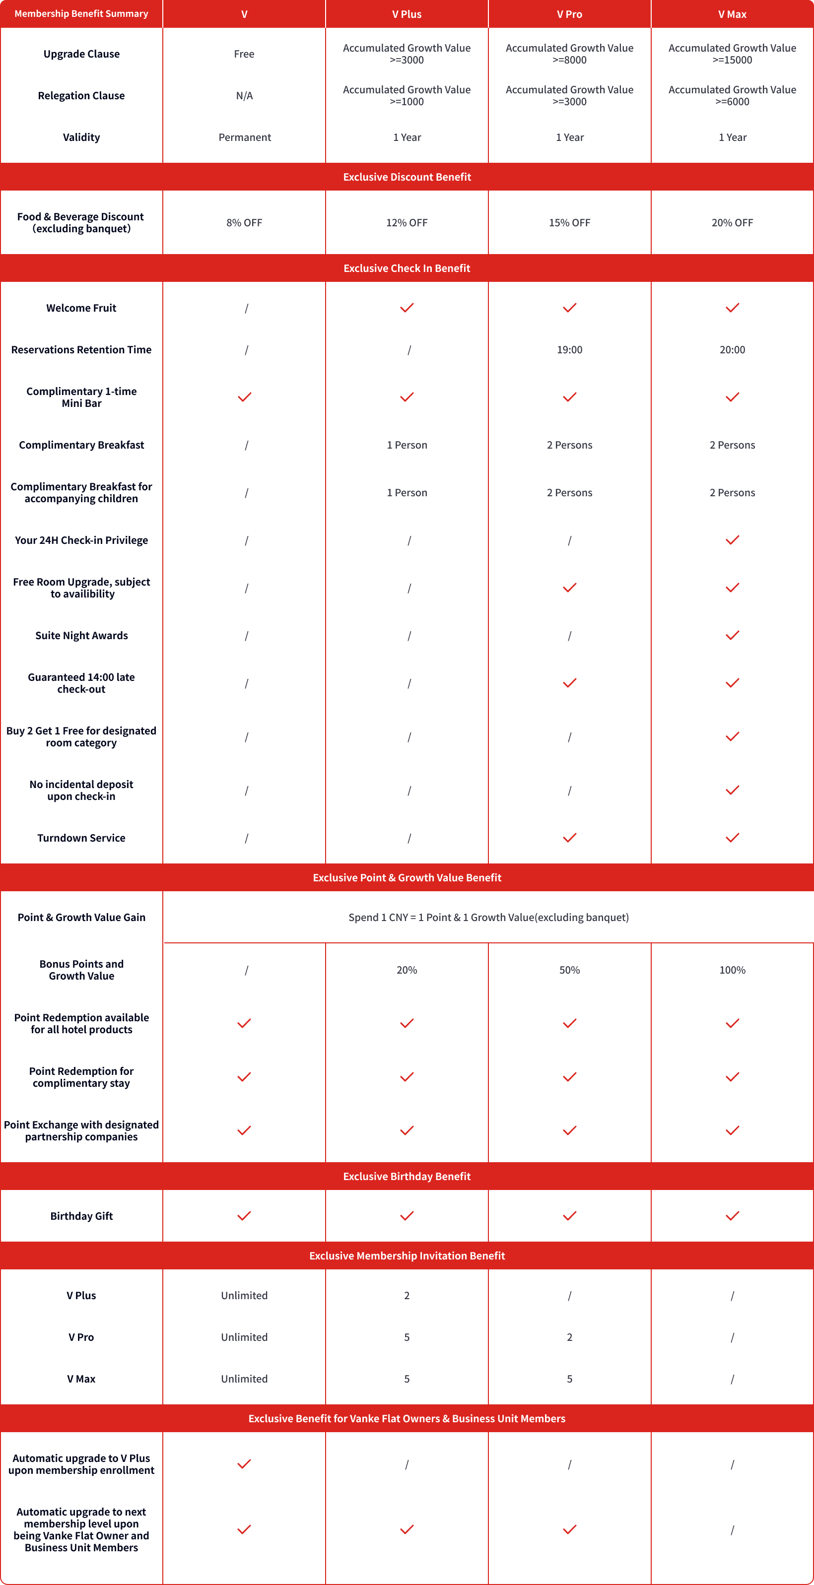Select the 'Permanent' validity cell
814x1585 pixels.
tap(244, 137)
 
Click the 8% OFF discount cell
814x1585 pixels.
tap(244, 223)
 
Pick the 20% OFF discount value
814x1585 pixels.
tap(732, 223)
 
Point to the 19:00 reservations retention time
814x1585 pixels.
tap(569, 349)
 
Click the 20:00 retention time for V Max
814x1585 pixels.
tap(732, 349)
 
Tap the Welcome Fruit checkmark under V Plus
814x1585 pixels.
tap(407, 308)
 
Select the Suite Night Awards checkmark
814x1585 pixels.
tap(732, 635)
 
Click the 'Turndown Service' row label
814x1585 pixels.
tap(81, 838)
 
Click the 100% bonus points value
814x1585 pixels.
tap(732, 970)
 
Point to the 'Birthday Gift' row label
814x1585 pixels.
tap(81, 1216)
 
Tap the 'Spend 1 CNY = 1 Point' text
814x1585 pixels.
tap(488, 918)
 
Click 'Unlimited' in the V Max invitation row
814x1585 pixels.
tap(244, 1379)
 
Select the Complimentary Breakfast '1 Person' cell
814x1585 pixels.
tap(407, 445)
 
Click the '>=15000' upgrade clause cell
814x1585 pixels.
tap(732, 54)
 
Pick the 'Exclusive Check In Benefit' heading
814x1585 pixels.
tap(407, 268)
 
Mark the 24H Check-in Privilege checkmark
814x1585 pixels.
tap(732, 540)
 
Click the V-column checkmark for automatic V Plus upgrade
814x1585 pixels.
tap(244, 1464)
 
